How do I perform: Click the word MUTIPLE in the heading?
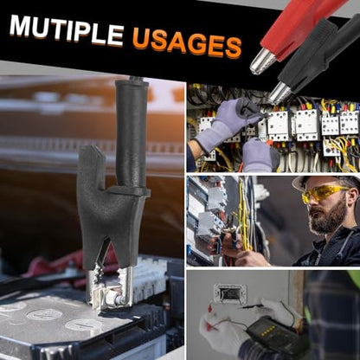67,31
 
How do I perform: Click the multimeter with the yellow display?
274,335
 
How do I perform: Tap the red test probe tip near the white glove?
210,309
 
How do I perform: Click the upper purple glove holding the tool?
228,121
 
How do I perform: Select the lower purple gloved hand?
257,155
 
